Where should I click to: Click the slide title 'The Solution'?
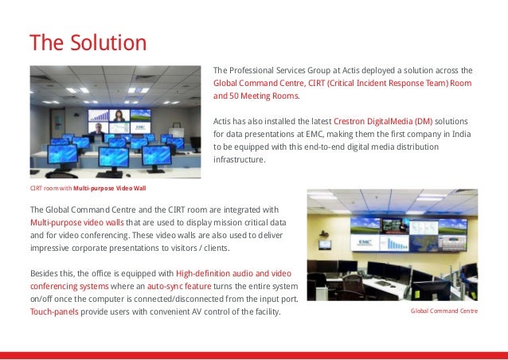pos(88,41)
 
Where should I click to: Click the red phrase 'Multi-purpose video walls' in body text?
pos(76,221)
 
